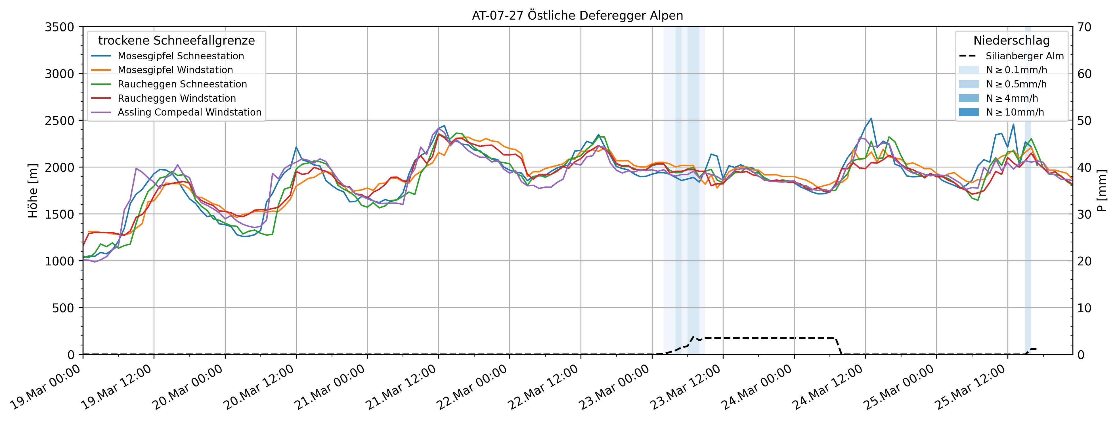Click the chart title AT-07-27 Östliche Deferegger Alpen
click(577, 16)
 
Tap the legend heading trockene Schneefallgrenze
click(177, 40)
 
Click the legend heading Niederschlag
click(1011, 40)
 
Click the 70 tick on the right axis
click(1084, 27)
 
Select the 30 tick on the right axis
click(1084, 214)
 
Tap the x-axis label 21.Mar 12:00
click(401, 387)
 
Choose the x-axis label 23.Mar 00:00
click(615, 387)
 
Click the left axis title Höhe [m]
click(33, 191)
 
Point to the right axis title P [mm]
click(1101, 191)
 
